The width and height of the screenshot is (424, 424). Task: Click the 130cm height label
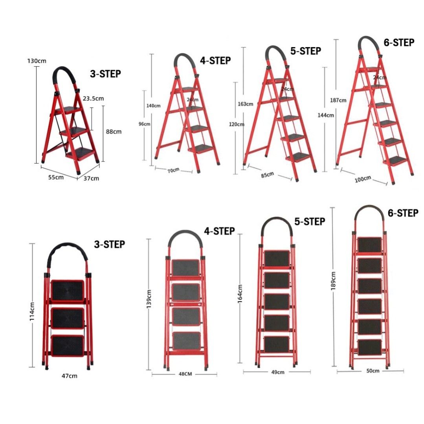point(37,61)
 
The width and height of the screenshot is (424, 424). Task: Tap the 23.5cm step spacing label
point(93,98)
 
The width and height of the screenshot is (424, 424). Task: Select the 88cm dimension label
point(114,132)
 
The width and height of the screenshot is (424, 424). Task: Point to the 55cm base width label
point(56,177)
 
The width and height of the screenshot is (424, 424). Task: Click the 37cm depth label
point(91,178)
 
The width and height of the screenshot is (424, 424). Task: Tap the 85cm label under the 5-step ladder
point(267,174)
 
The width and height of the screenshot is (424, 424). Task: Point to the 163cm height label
point(245,104)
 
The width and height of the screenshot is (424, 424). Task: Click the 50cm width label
point(373,371)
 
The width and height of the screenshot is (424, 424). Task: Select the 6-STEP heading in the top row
point(399,42)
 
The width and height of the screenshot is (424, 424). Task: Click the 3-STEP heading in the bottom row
point(109,245)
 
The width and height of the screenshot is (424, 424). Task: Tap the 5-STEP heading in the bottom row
point(310,222)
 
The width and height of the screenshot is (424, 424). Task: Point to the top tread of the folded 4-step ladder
point(185,267)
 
